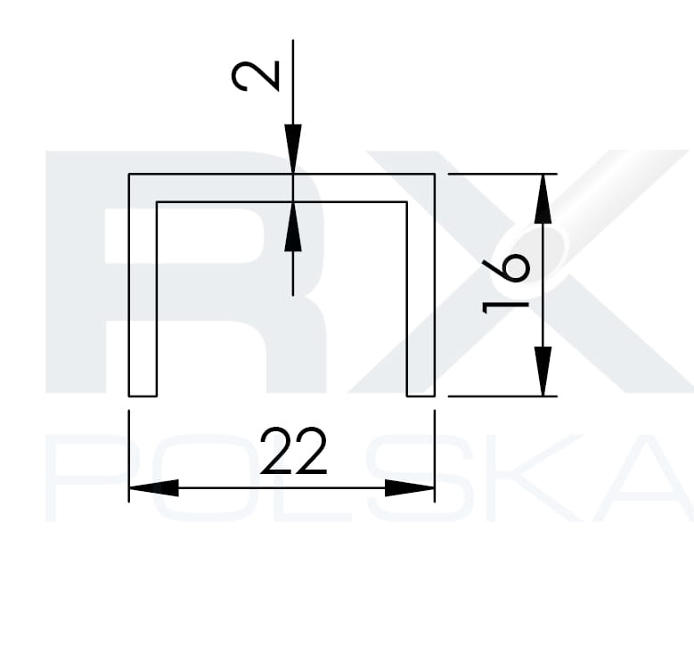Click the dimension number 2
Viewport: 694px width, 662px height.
[x=257, y=76]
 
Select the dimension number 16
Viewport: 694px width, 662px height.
[x=506, y=283]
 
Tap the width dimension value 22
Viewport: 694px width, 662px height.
[x=294, y=452]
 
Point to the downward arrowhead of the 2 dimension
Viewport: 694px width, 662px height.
[x=293, y=149]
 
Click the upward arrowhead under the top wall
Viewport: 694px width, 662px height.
[x=293, y=227]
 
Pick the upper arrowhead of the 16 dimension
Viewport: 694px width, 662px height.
[x=543, y=199]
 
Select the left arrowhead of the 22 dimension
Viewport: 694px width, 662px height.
[x=153, y=488]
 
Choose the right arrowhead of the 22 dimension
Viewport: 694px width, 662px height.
[x=410, y=488]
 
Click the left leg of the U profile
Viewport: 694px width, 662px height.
[x=143, y=294]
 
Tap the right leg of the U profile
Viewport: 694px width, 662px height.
[x=420, y=294]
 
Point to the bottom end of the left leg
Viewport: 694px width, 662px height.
[x=143, y=395]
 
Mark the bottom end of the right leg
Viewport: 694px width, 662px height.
[x=420, y=395]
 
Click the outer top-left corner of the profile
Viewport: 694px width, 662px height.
[x=129, y=175]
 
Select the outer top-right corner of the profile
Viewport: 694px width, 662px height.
[x=434, y=175]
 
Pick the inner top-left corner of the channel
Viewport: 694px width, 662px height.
[x=157, y=203]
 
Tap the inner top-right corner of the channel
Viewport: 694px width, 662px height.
[x=407, y=203]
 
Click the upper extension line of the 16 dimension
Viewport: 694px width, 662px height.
[x=499, y=175]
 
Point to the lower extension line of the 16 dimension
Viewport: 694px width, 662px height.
[x=499, y=396]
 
